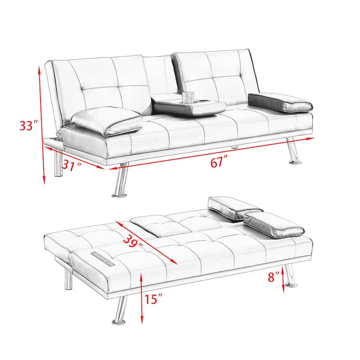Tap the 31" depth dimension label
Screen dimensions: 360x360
coord(72,166)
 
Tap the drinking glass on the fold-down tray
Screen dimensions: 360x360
coord(187,98)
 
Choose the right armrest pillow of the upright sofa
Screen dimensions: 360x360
coord(280,102)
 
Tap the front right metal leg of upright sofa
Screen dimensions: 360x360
coord(292,151)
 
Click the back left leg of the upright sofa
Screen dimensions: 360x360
coord(57,164)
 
